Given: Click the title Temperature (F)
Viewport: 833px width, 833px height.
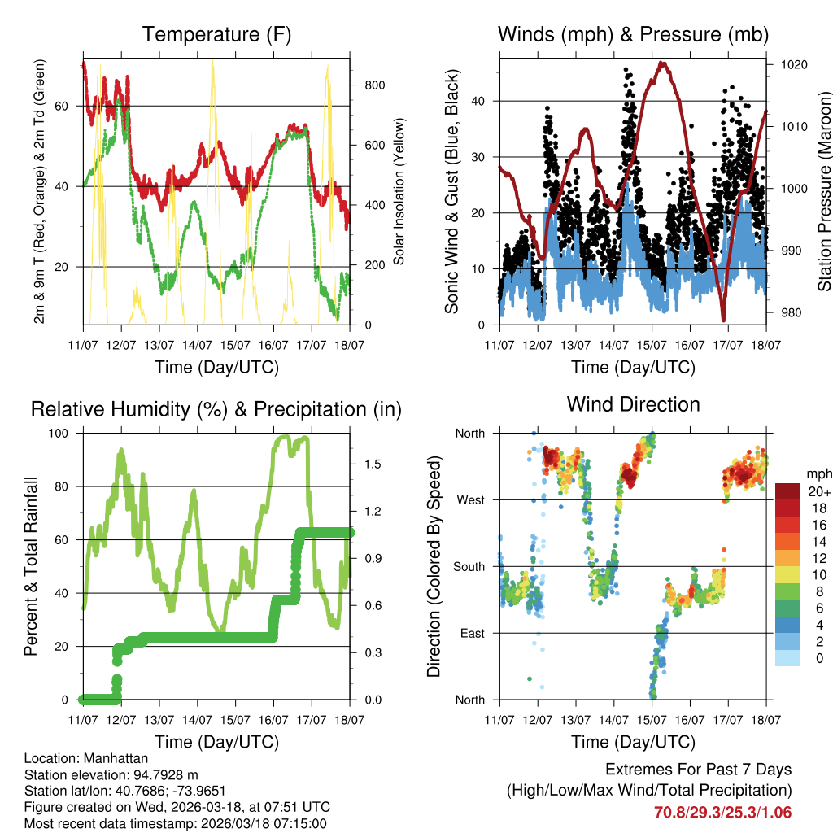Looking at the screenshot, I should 216,34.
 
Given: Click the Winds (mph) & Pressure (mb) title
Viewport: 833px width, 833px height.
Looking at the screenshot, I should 633,34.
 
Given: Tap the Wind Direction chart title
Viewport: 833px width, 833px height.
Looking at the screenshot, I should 633,404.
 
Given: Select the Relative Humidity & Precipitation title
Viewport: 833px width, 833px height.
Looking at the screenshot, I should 216,409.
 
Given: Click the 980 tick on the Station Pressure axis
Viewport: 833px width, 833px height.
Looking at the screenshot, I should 792,312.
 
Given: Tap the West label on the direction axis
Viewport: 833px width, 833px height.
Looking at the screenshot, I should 471,499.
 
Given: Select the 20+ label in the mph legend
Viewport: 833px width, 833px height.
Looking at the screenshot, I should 818,491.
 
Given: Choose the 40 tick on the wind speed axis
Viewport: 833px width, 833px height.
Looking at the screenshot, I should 481,101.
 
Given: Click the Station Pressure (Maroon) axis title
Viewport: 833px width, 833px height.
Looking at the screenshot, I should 823,191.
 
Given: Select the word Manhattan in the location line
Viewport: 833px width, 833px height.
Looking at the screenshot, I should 110,758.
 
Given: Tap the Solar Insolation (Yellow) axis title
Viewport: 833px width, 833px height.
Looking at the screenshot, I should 399,191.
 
